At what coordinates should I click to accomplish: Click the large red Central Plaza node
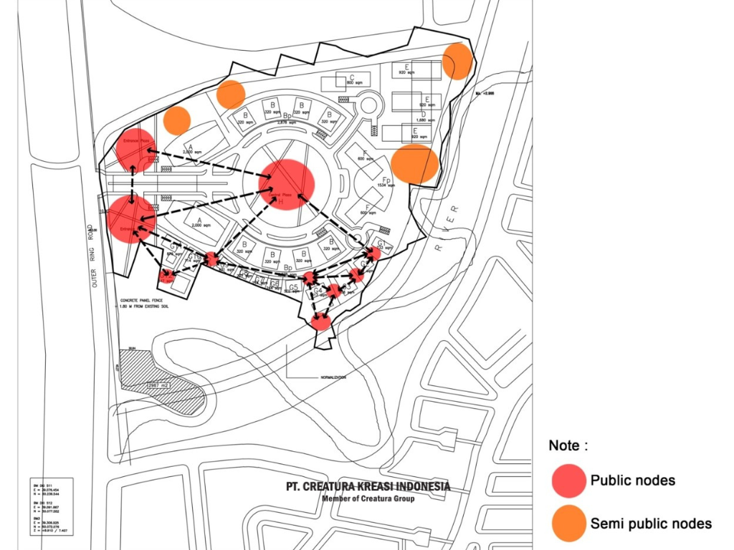click(x=287, y=184)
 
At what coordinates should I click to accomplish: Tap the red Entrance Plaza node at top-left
click(x=135, y=149)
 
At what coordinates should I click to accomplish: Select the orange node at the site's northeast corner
click(x=457, y=61)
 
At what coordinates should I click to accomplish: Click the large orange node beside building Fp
click(x=414, y=164)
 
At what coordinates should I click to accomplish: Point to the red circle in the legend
click(x=570, y=481)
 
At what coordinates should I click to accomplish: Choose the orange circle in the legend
click(x=570, y=523)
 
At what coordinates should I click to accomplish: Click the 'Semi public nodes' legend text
click(x=651, y=524)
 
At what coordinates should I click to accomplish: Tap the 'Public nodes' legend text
click(x=632, y=481)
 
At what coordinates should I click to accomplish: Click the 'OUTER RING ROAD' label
click(x=92, y=243)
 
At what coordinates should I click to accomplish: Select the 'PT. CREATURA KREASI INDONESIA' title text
click(x=368, y=487)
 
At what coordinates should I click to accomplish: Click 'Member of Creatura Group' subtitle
click(x=368, y=499)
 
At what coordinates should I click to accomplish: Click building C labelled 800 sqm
click(x=352, y=80)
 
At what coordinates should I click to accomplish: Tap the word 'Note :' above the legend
click(x=568, y=445)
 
